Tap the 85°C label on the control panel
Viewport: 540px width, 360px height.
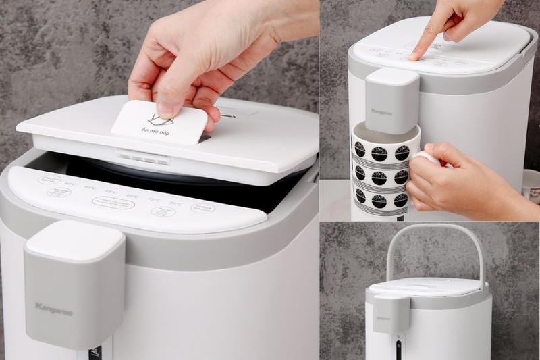[175, 203]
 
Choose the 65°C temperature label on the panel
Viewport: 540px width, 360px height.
[132, 195]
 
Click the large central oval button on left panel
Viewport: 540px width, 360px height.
[113, 203]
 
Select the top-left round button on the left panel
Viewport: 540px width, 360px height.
[49, 179]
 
